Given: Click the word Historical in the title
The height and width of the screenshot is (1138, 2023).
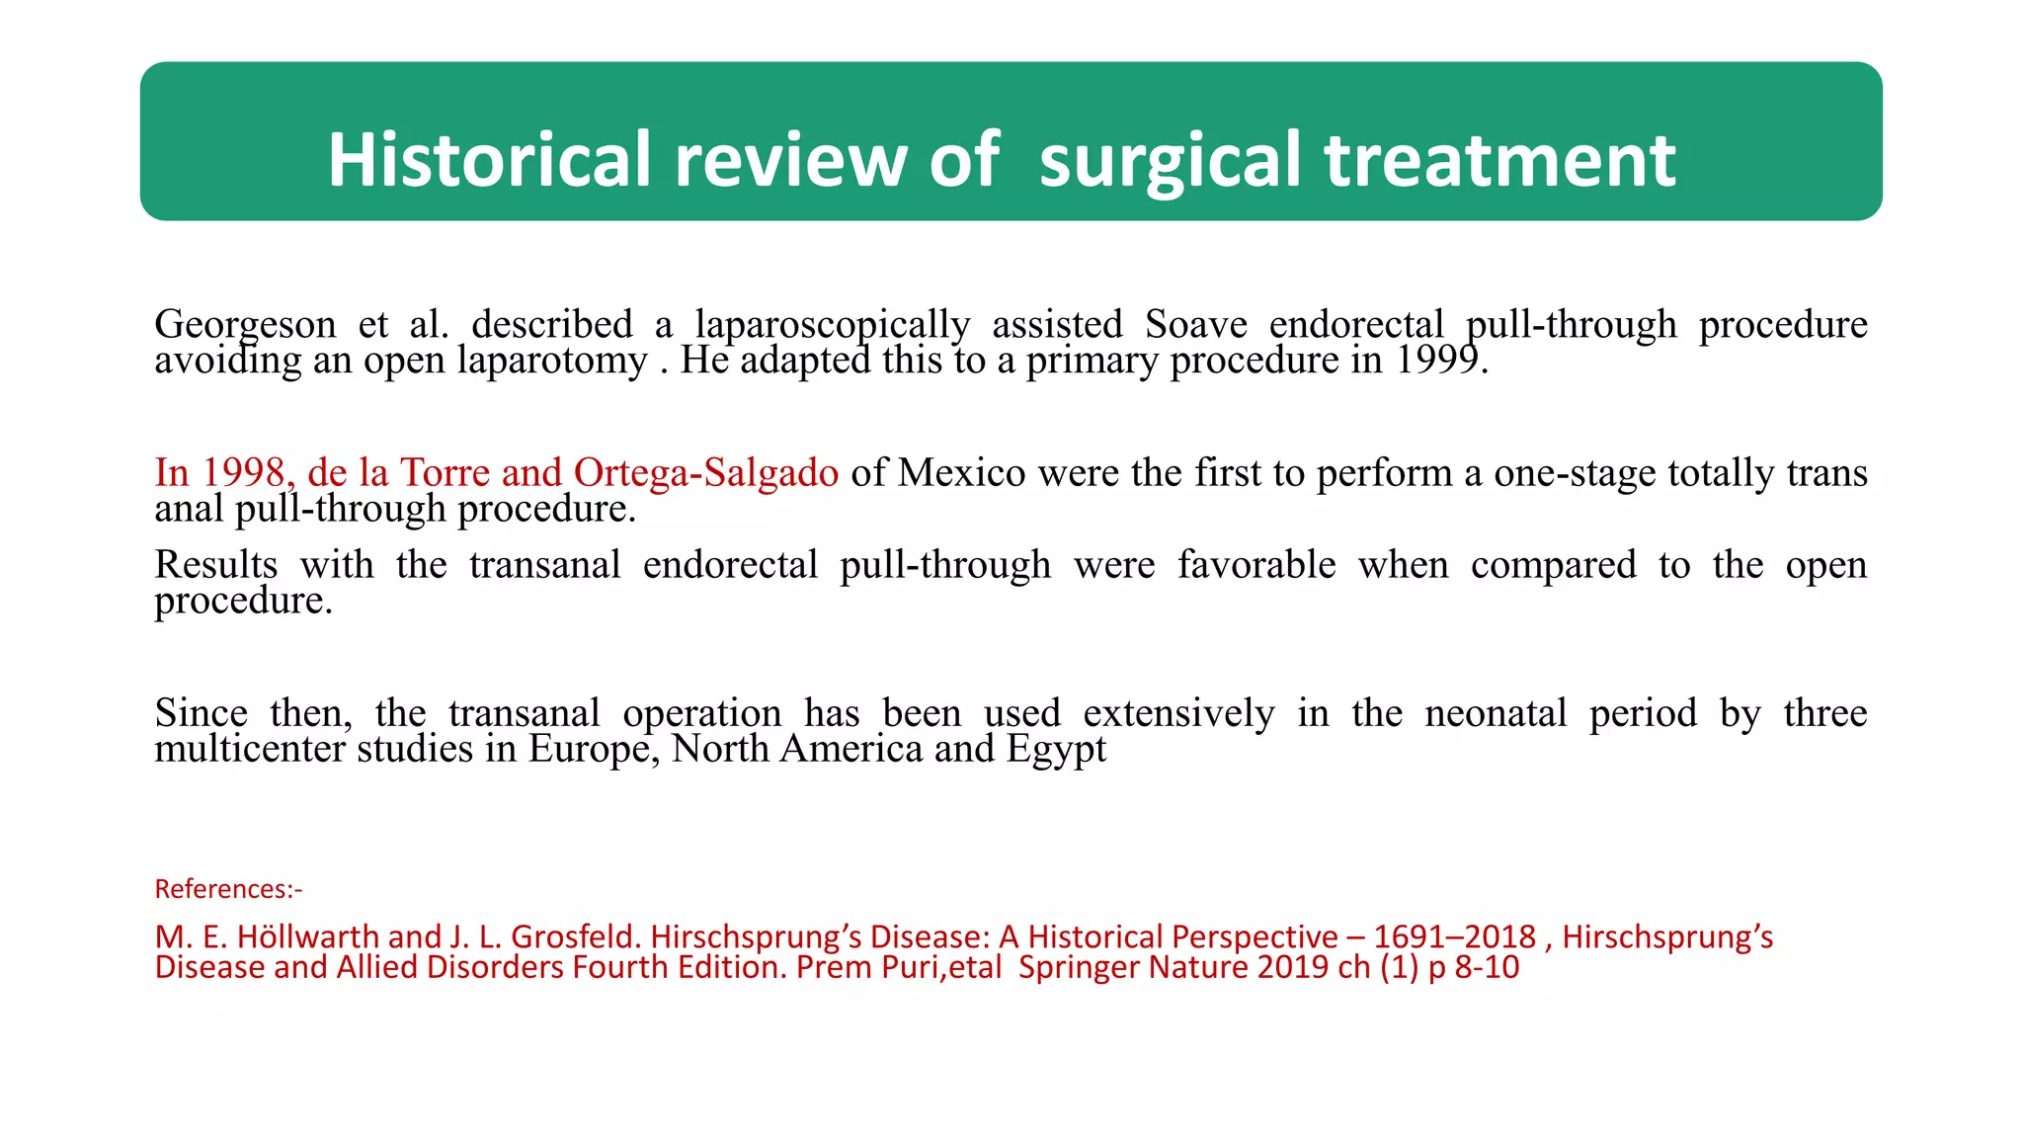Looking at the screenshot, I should (x=489, y=160).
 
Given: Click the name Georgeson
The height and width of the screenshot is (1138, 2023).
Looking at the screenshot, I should (x=245, y=325).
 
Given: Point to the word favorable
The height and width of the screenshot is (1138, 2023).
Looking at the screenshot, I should (x=1256, y=565).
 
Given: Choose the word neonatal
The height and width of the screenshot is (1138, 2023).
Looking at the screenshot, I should (x=1496, y=713).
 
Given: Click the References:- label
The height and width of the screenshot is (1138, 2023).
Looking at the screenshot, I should (x=228, y=889).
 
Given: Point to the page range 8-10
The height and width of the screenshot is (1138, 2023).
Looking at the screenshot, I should (x=1487, y=967).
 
